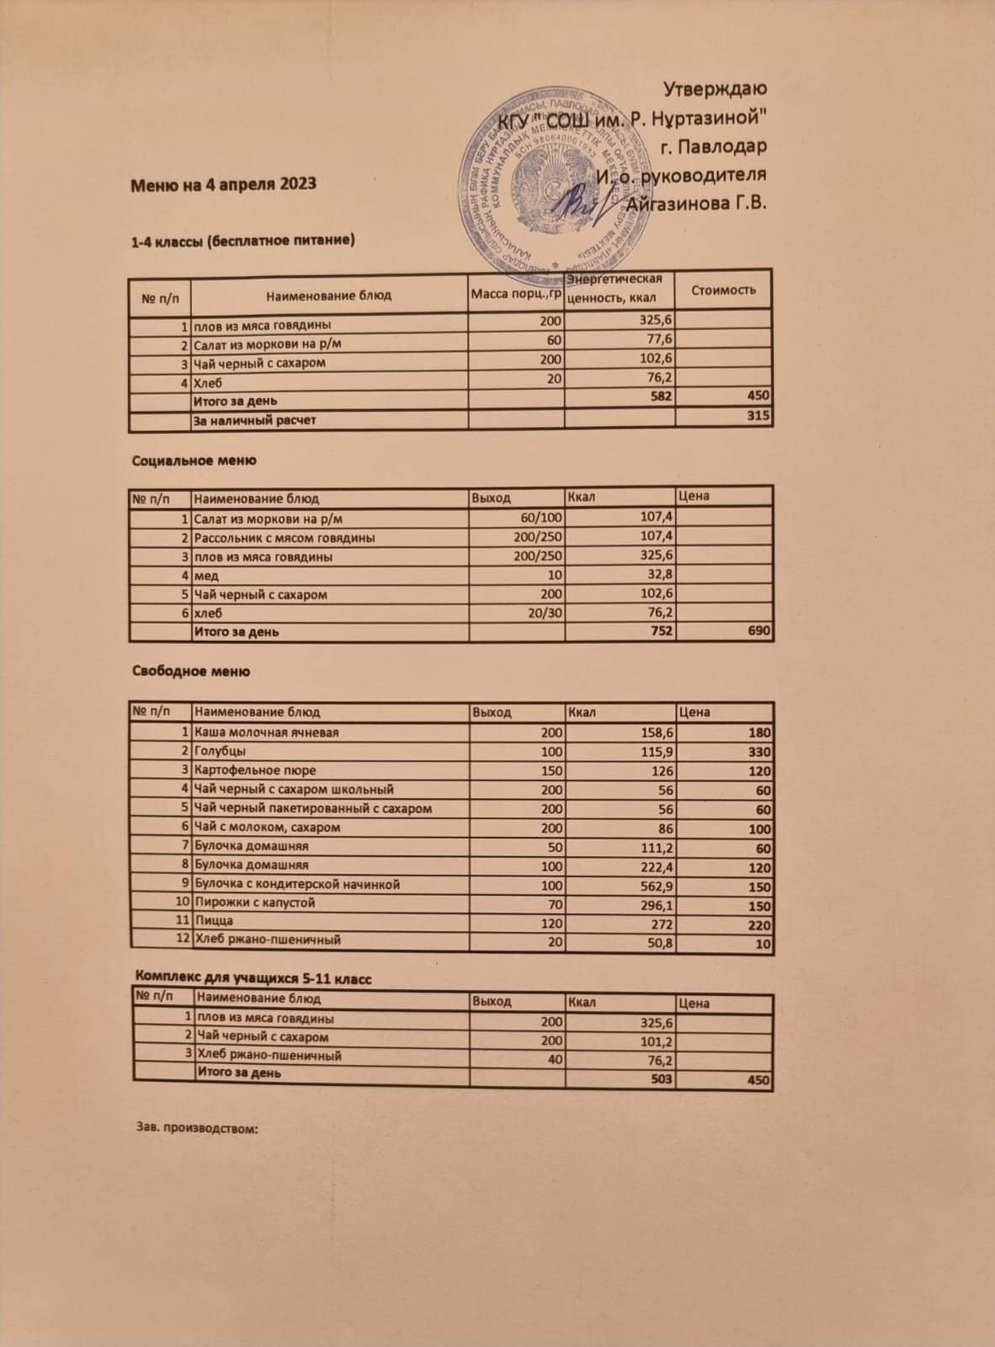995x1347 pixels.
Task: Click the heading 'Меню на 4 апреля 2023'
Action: (223, 184)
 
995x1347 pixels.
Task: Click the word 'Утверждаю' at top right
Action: (715, 89)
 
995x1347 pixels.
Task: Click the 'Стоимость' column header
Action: (723, 290)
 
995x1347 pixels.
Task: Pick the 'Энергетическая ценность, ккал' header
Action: (619, 289)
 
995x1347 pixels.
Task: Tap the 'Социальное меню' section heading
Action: (194, 461)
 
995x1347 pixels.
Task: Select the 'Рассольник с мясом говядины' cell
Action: (285, 537)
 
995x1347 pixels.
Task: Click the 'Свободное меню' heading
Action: (191, 671)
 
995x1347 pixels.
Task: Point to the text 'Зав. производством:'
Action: (195, 1127)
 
